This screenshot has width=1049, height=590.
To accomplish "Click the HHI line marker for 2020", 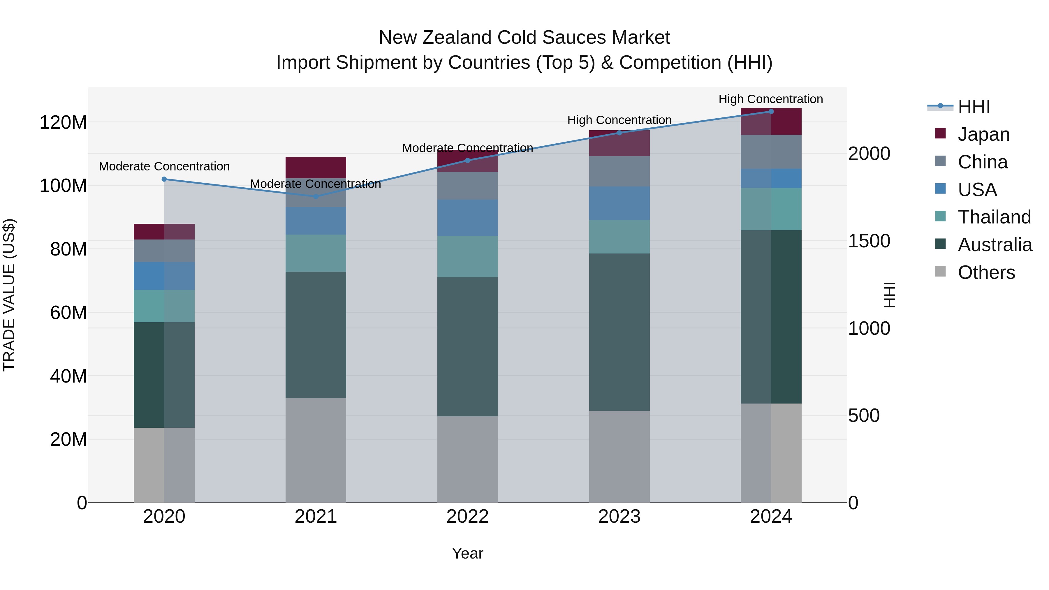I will [164, 179].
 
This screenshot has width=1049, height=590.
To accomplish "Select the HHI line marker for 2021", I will [316, 196].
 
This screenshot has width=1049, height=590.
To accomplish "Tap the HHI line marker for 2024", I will [771, 112].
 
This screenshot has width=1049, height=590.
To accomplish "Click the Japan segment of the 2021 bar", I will [316, 167].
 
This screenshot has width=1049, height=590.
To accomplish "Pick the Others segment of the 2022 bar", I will [467, 459].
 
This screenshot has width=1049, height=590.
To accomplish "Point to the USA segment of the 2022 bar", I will [467, 218].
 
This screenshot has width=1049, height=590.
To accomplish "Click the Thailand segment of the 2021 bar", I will [316, 253].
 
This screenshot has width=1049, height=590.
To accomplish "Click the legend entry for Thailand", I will [994, 217].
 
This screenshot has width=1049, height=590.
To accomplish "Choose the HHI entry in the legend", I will [974, 107].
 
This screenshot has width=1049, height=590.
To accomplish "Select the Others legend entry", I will [986, 272].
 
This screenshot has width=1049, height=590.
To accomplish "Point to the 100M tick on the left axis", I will [63, 186].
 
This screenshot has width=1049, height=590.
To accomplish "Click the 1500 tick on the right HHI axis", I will [869, 241].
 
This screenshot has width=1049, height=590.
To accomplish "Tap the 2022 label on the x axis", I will [467, 517].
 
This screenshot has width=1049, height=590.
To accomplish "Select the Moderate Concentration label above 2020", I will [164, 167].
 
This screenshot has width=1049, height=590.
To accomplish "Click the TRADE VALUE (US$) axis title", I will [9, 295].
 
